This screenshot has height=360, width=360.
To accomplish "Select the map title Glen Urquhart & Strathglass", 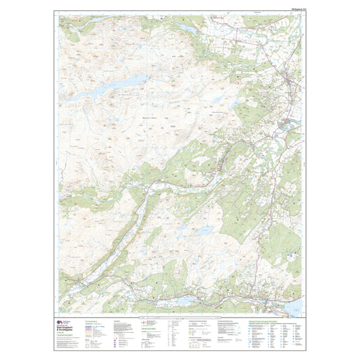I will tap(70, 327).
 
